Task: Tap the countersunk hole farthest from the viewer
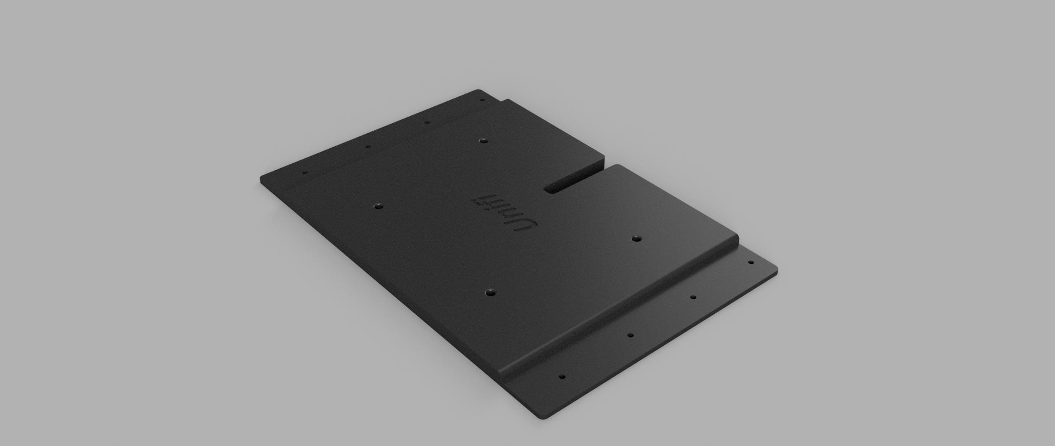482,141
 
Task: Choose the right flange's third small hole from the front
693,297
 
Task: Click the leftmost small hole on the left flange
305,172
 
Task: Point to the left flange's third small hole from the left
427,122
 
